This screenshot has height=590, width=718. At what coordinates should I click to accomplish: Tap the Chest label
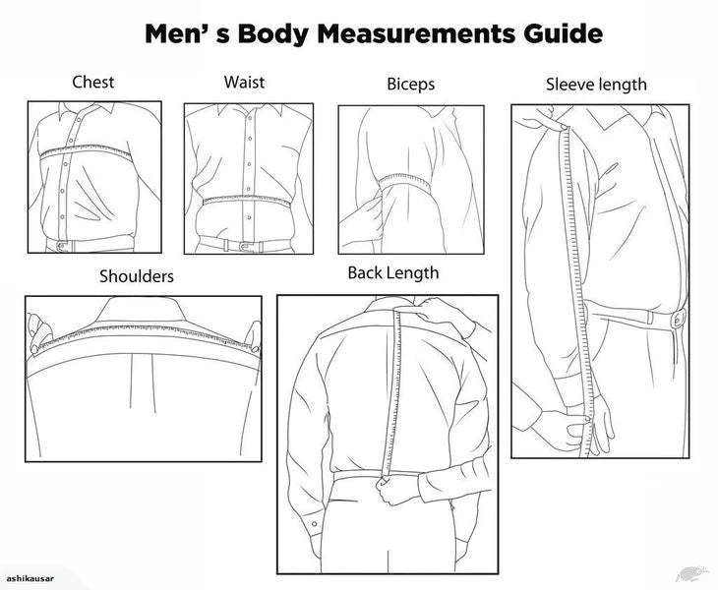(x=93, y=82)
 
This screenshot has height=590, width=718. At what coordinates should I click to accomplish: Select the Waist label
(x=244, y=82)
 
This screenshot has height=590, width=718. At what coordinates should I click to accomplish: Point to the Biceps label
(x=410, y=84)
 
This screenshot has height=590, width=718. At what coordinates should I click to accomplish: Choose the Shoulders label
(x=136, y=276)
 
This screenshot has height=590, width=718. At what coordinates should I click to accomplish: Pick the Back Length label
(x=393, y=272)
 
